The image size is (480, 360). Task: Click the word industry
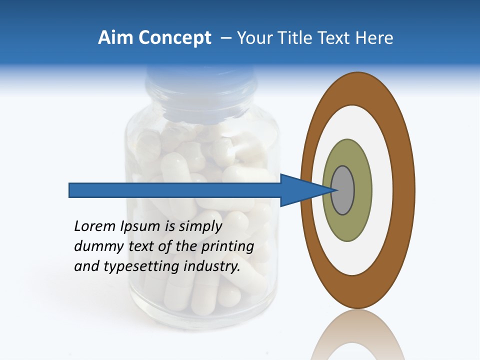(x=212, y=266)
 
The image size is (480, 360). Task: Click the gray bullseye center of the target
(x=343, y=190)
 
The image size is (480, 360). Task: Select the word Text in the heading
(x=338, y=37)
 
